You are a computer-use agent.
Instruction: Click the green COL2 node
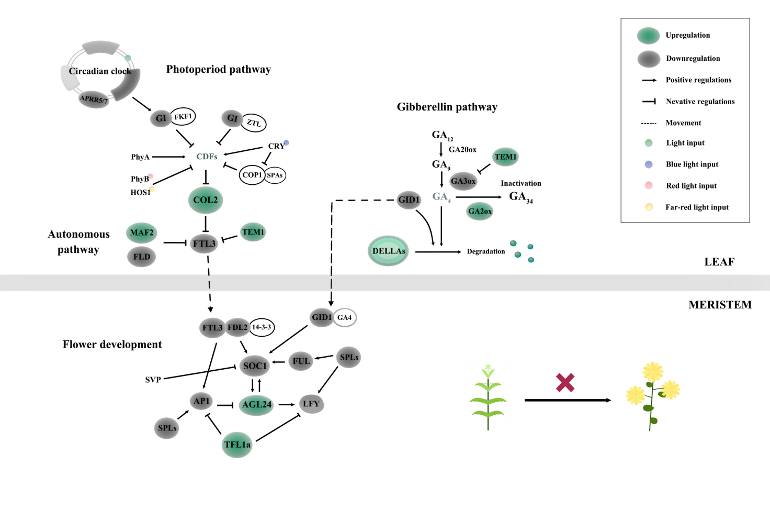(x=206, y=200)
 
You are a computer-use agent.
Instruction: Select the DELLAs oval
(x=388, y=251)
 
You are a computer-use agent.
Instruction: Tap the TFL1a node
(x=237, y=445)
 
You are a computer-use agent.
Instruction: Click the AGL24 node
(x=256, y=405)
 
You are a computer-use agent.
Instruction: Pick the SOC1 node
(x=255, y=366)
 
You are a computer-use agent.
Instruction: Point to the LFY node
(x=311, y=404)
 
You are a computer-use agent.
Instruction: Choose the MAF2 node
(x=142, y=233)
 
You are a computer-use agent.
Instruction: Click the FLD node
(x=142, y=257)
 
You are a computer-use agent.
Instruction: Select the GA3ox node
(x=463, y=181)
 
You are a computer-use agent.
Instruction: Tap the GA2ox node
(x=480, y=211)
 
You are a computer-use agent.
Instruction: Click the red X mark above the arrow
(x=565, y=382)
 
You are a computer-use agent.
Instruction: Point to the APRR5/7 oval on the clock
(x=94, y=98)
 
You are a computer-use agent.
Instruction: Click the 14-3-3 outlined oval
(x=262, y=327)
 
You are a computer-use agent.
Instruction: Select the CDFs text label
(x=207, y=157)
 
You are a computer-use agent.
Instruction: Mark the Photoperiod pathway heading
(x=219, y=69)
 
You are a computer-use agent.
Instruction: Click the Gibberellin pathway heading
(x=447, y=107)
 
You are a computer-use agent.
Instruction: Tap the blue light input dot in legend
(x=649, y=164)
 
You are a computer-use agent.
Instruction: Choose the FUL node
(x=301, y=361)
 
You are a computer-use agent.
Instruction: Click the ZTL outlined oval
(x=254, y=123)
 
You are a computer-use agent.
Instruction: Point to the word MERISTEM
(x=720, y=305)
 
